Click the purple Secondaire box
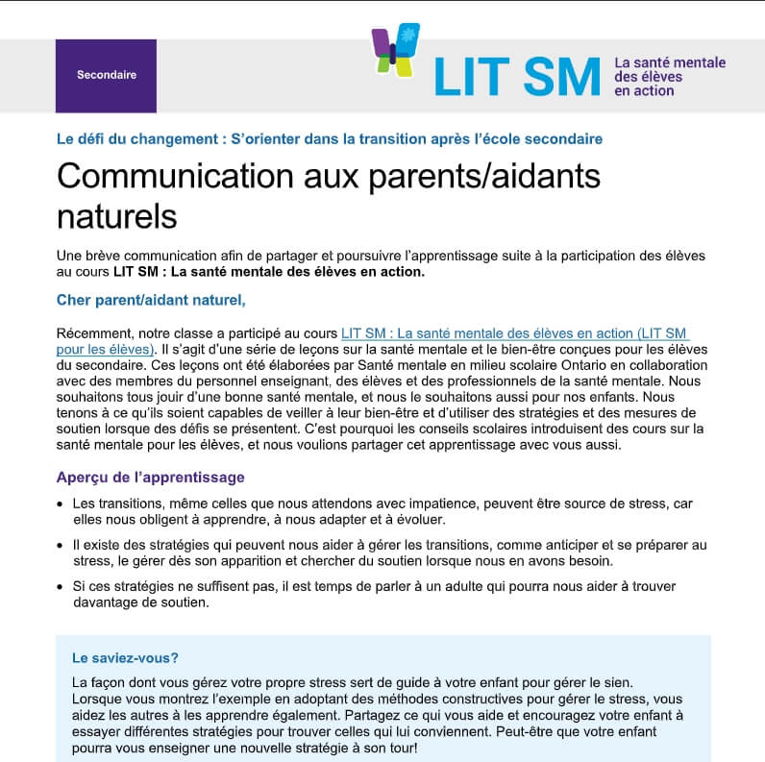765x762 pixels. point(106,75)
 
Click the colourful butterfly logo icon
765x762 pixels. point(396,50)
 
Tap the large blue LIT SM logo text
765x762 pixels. point(516,76)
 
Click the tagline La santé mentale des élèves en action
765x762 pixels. point(670,77)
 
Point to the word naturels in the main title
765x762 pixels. point(117,216)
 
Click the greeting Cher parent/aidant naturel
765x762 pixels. point(151,300)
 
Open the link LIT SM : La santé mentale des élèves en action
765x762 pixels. point(514,332)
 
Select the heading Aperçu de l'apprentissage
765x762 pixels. point(150,477)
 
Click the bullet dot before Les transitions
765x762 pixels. point(62,504)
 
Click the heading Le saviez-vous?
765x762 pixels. point(125,658)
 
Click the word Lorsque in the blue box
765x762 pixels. point(99,699)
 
